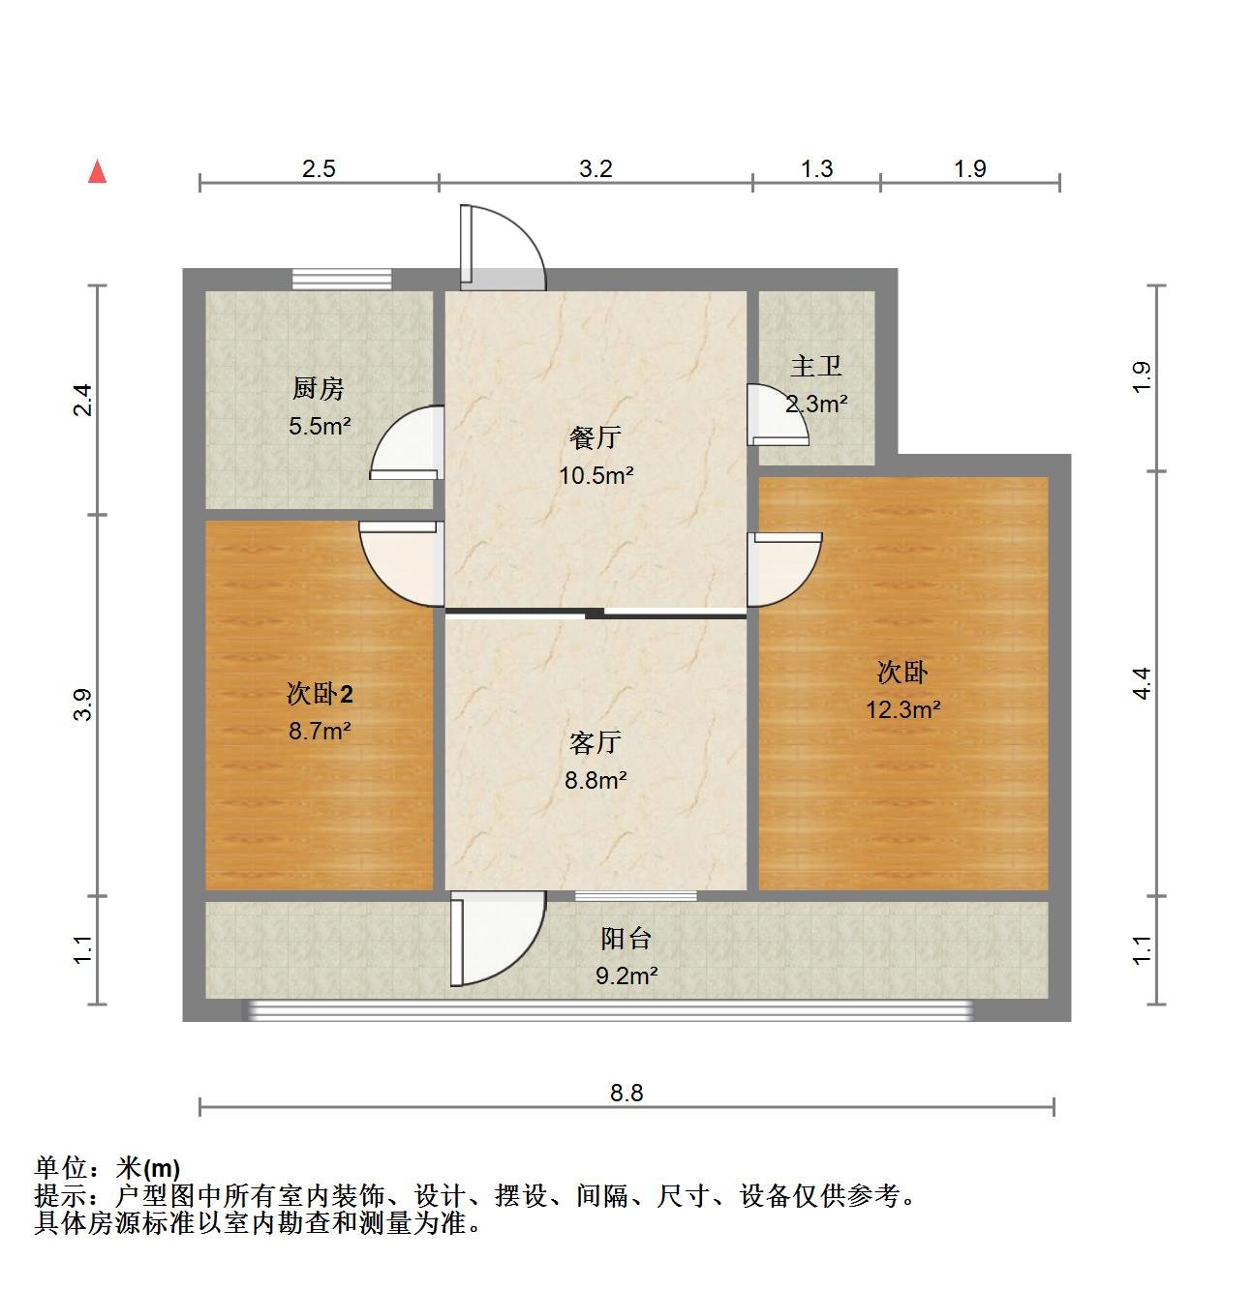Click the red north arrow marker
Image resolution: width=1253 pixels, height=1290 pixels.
tap(97, 172)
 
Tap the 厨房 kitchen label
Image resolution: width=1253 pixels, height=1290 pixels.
tap(319, 389)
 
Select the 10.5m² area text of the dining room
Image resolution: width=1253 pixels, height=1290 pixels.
tap(596, 475)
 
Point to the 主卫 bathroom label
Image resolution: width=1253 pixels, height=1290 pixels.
tap(816, 367)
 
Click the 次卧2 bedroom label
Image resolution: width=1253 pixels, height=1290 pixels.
tap(320, 694)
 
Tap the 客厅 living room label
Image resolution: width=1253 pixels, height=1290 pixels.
tap(595, 742)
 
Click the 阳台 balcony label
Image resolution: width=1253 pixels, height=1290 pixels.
tap(626, 938)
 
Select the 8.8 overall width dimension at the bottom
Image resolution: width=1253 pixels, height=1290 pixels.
tap(626, 1093)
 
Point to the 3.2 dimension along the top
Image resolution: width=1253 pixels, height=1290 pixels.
tap(596, 168)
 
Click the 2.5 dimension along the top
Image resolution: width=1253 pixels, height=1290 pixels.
tap(319, 168)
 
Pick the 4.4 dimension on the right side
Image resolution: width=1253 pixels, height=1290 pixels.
tap(1143, 684)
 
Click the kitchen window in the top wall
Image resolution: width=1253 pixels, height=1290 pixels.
tap(343, 279)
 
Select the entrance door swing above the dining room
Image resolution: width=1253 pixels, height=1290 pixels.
tap(502, 246)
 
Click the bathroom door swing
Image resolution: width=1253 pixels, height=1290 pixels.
tap(779, 414)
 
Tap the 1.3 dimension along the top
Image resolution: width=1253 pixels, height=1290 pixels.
tap(816, 168)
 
